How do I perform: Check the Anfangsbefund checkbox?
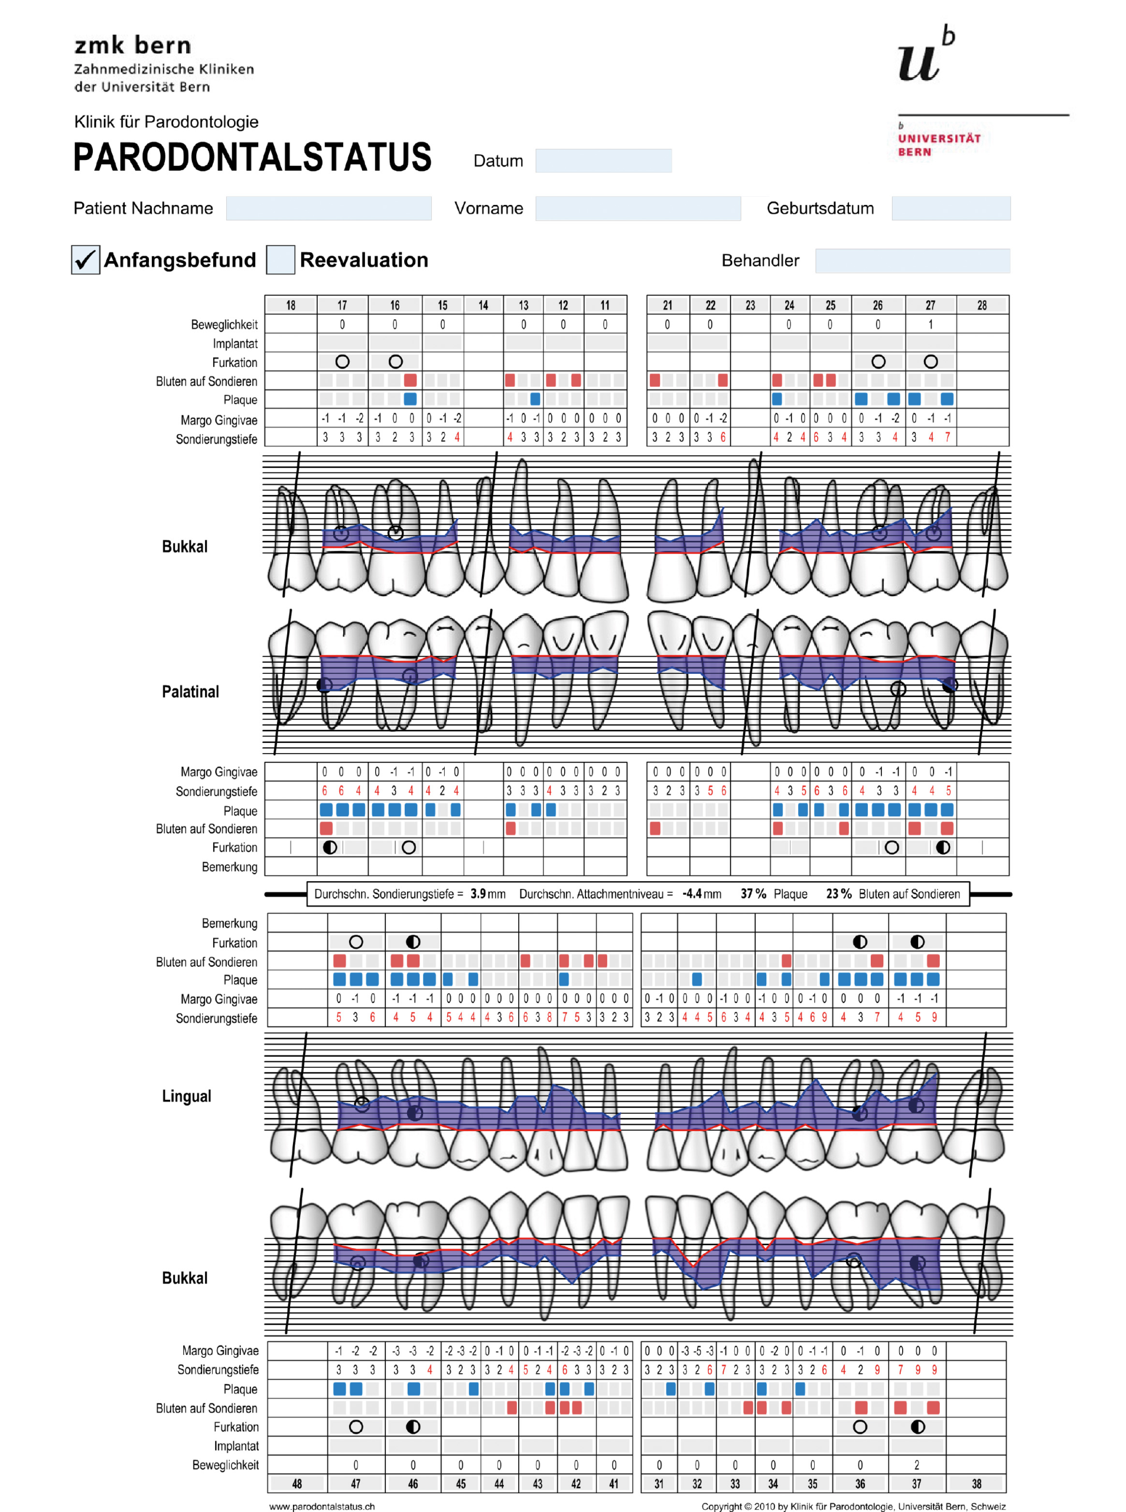coord(85,260)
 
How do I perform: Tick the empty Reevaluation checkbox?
coord(280,260)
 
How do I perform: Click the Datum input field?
coord(603,161)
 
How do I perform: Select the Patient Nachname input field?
coord(328,208)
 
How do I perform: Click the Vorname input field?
coord(637,208)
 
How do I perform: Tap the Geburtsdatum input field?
coord(950,208)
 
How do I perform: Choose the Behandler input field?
coord(912,260)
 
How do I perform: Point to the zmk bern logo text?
coord(133,45)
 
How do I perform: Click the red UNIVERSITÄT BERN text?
coord(939,145)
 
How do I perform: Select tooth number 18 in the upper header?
coord(291,305)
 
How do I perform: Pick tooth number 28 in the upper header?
coord(981,305)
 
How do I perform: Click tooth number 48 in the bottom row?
coord(297,1484)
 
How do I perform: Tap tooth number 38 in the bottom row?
coord(976,1484)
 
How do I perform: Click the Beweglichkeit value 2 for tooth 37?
coord(916,1464)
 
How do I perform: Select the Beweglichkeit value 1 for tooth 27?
coord(930,324)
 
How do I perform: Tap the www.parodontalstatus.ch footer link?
coord(322,1506)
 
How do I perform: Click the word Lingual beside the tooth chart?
coord(186,1096)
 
